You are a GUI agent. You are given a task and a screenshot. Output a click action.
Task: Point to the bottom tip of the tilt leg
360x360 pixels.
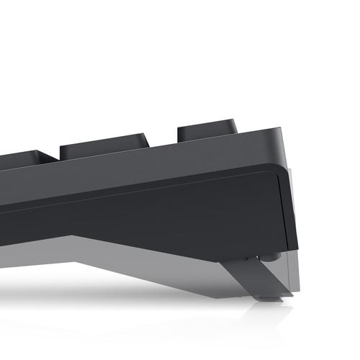[270, 297]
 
